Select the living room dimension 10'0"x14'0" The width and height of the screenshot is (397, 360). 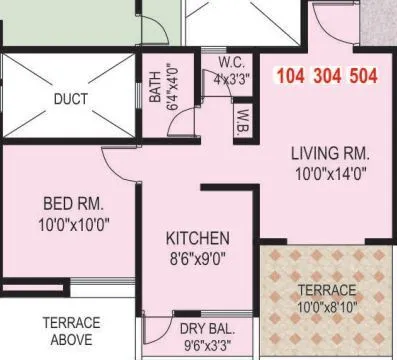tap(330, 173)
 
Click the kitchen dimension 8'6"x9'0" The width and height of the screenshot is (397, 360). tap(197, 257)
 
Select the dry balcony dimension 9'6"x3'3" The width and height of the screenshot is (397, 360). tap(205, 345)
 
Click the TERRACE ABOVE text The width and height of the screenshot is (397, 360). tap(70, 330)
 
